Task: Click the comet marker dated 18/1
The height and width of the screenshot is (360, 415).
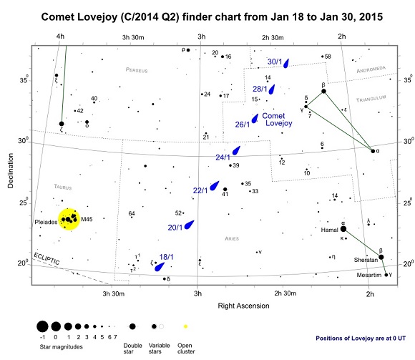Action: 160,266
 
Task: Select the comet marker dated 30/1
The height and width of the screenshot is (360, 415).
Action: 285,63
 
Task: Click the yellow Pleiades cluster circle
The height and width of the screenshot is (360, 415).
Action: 69,219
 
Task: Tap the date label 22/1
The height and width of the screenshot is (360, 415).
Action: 200,190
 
